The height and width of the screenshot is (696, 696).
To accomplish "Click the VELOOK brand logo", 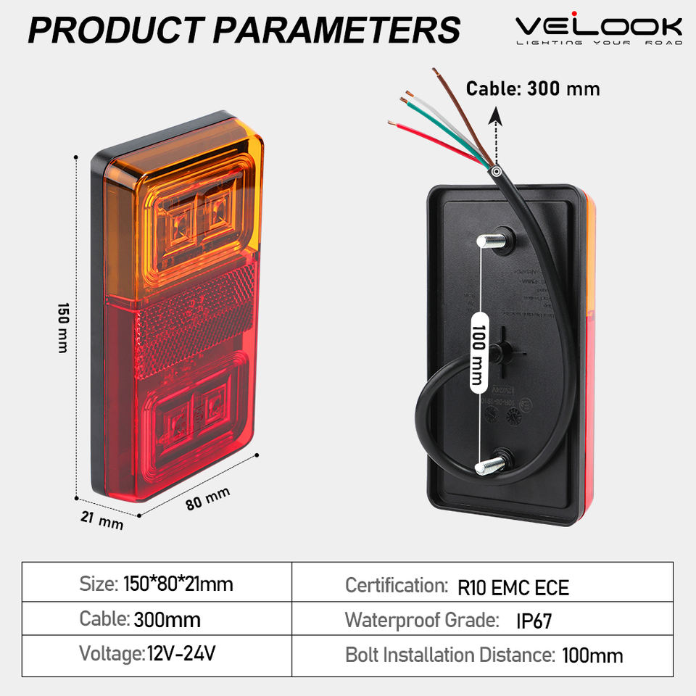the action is (x=598, y=27).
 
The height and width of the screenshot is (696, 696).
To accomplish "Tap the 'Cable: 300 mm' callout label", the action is (x=533, y=89).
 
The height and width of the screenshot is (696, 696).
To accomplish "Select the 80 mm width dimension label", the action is (x=208, y=498).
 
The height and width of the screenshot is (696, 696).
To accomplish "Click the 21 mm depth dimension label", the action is (x=101, y=519).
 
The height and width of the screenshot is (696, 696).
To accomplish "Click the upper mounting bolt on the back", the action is (x=491, y=241).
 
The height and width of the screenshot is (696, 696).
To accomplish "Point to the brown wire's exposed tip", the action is (x=435, y=72).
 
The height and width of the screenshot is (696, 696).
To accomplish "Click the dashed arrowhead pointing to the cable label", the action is (x=495, y=115).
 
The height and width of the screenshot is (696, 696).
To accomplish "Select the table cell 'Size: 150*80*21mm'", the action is (x=157, y=583).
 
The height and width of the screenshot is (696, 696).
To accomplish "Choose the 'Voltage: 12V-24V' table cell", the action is (x=148, y=655).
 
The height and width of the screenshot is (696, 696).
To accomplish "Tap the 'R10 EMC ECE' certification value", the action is (x=513, y=587).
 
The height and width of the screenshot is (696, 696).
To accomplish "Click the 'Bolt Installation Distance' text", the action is (x=449, y=655).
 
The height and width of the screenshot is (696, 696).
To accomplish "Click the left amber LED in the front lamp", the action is (x=178, y=218).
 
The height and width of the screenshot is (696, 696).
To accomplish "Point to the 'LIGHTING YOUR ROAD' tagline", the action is (x=598, y=43).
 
